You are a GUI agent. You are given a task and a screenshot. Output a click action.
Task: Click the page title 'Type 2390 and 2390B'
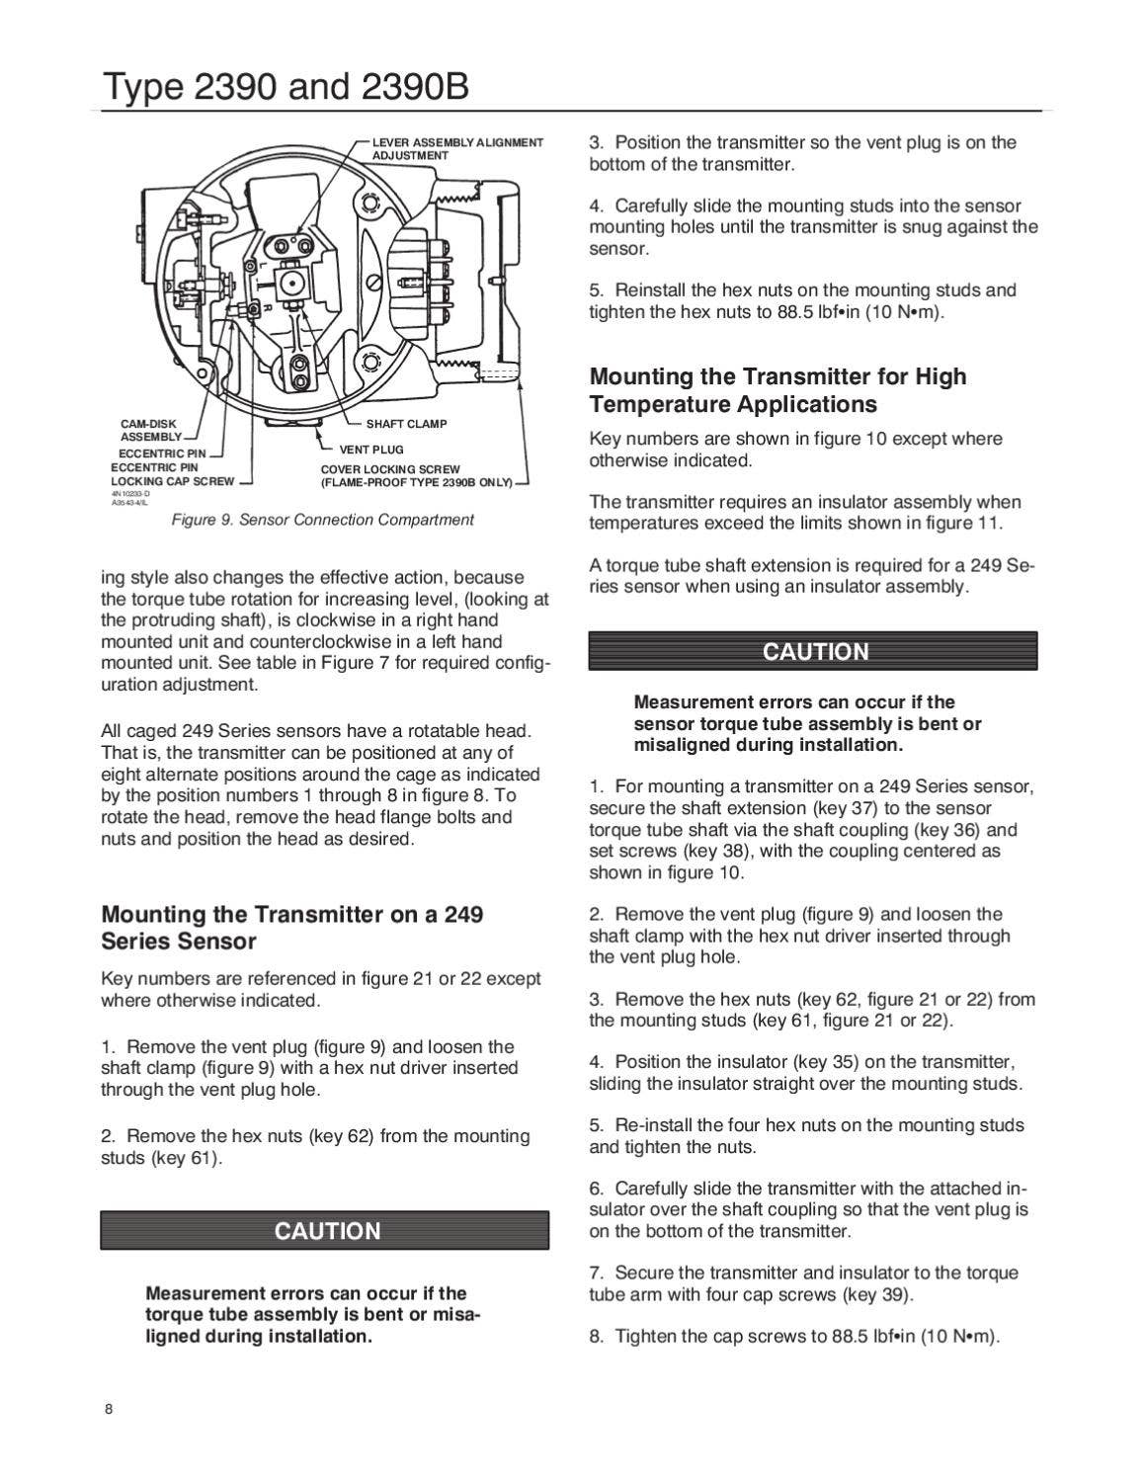285,88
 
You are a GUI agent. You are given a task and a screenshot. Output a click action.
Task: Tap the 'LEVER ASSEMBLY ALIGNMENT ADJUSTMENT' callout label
456,149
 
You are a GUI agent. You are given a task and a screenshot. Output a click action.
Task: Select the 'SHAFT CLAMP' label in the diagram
406,424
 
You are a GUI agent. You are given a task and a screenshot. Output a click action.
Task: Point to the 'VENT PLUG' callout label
371,450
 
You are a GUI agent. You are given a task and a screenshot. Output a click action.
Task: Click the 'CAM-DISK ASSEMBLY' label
150,430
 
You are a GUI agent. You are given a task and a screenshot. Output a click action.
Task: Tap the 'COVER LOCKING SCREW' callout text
390,469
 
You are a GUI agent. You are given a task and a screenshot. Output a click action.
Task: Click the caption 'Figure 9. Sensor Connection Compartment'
322,520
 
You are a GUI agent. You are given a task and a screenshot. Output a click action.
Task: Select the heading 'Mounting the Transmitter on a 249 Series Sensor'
292,927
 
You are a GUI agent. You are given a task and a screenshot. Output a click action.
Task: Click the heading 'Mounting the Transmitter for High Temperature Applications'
777,390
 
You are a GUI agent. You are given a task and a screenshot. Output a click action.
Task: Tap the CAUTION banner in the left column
326,1231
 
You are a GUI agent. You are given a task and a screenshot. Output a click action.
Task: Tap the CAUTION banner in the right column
814,652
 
